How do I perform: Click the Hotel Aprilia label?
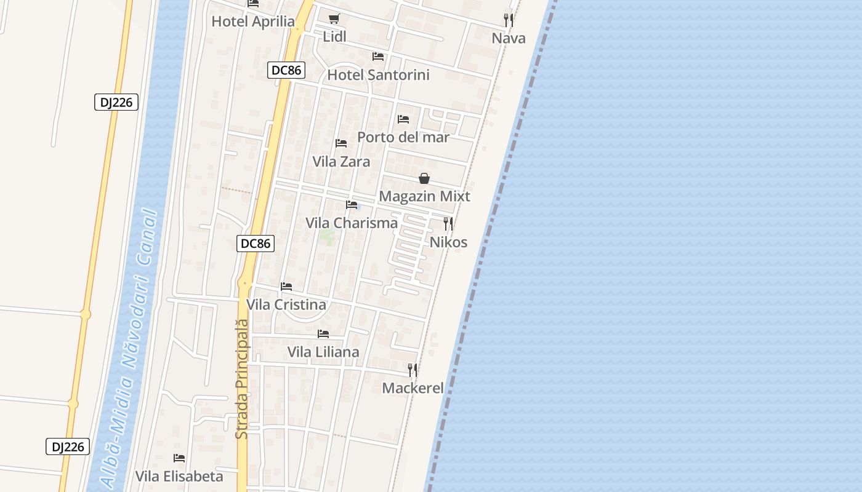(x=253, y=22)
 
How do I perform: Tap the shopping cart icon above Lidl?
(x=334, y=19)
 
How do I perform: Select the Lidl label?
(x=334, y=37)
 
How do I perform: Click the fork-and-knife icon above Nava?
(x=509, y=20)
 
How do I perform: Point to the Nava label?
(x=509, y=39)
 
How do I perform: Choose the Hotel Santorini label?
(x=378, y=75)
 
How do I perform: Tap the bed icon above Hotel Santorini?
(x=378, y=57)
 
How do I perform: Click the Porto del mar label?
(x=403, y=137)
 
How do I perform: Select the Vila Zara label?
(x=341, y=162)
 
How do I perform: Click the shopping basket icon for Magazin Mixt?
(x=424, y=178)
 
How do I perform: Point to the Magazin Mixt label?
(x=424, y=197)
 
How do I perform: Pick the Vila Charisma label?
(x=352, y=223)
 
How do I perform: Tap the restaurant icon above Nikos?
(x=448, y=224)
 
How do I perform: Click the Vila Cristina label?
(x=286, y=305)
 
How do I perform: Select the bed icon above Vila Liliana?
(x=323, y=334)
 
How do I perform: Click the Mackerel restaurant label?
(x=413, y=388)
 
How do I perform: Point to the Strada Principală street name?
(x=242, y=378)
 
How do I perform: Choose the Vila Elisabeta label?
(x=179, y=477)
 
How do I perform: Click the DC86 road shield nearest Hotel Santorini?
(x=286, y=70)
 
